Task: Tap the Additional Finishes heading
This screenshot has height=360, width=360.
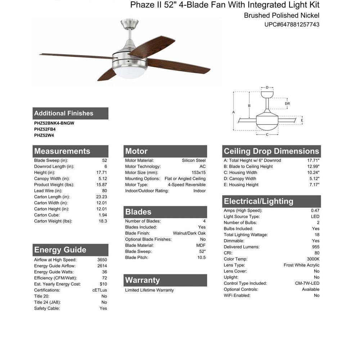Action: pyautogui.click(x=64, y=113)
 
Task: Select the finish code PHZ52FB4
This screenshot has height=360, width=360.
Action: pyautogui.click(x=45, y=129)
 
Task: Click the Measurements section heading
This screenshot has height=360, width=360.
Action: pyautogui.click(x=62, y=151)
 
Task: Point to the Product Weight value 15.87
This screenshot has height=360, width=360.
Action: pyautogui.click(x=102, y=185)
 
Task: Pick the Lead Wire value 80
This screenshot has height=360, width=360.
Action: pyautogui.click(x=104, y=191)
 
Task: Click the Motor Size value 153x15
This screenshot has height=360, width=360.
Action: pyautogui.click(x=199, y=172)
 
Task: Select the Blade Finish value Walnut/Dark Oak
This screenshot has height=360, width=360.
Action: pyautogui.click(x=189, y=233)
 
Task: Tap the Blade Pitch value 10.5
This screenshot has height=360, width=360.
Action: pyautogui.click(x=202, y=257)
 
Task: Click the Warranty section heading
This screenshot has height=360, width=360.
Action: pyautogui.click(x=143, y=280)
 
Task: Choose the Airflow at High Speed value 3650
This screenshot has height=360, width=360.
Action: pyautogui.click(x=102, y=260)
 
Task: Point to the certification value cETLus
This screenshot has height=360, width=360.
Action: pyautogui.click(x=100, y=290)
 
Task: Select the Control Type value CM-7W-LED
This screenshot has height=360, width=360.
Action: pyautogui.click(x=307, y=283)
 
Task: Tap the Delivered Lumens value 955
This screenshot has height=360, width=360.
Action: pyautogui.click(x=316, y=247)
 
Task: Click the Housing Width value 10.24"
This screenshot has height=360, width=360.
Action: pyautogui.click(x=313, y=172)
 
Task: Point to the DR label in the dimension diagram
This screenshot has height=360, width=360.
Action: pyautogui.click(x=287, y=104)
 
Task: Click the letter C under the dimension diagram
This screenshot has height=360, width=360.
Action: pyautogui.click(x=267, y=135)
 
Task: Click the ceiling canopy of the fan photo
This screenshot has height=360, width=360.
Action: pyautogui.click(x=129, y=23)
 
